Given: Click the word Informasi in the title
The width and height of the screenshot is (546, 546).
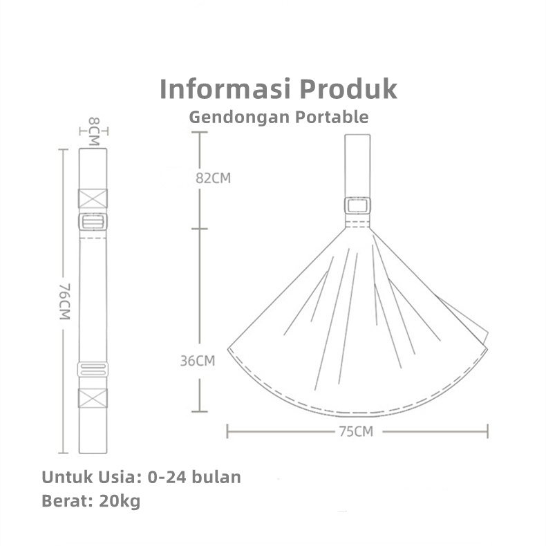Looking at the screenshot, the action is pyautogui.click(x=225, y=89).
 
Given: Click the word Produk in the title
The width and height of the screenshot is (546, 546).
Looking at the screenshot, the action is pyautogui.click(x=348, y=89).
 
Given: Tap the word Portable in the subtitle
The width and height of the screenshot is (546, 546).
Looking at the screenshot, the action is pyautogui.click(x=332, y=117).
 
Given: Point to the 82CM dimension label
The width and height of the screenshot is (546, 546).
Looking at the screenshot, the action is pyautogui.click(x=213, y=178).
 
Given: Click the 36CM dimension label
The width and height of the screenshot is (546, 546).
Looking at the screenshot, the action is pyautogui.click(x=198, y=361).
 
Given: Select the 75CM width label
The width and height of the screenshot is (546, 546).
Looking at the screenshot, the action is pyautogui.click(x=356, y=432).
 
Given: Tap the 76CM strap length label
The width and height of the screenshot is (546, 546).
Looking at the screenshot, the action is pyautogui.click(x=65, y=301).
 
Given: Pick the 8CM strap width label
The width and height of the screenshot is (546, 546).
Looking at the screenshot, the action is pyautogui.click(x=94, y=131).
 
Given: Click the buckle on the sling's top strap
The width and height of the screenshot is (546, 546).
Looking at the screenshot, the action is pyautogui.click(x=357, y=206).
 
